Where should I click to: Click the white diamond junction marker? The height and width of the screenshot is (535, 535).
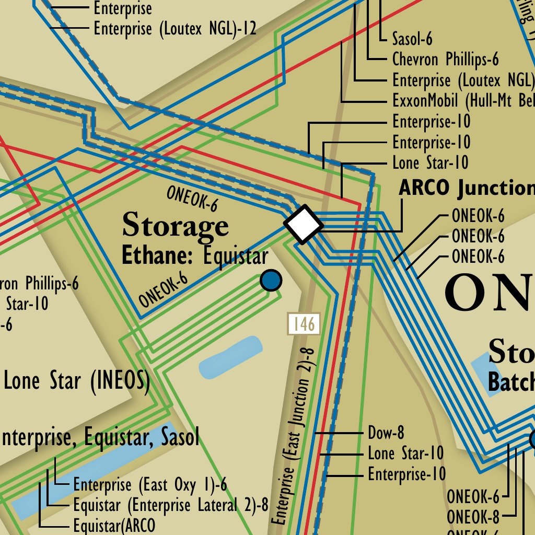coord(304,224)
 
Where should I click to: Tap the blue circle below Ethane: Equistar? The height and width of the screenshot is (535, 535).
coord(271,280)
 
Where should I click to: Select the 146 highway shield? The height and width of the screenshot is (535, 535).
coord(304,324)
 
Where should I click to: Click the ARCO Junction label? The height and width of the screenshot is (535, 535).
coord(466,188)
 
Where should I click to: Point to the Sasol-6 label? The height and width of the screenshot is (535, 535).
coord(412,39)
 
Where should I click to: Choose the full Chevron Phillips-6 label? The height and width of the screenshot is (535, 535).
coord(445,60)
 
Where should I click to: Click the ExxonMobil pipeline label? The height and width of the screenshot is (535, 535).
coord(463,101)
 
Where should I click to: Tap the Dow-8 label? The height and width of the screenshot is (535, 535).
coord(386,433)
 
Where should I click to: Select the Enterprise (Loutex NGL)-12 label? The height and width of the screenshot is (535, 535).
coord(175,29)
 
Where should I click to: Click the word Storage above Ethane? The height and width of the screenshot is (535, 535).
coord(175,226)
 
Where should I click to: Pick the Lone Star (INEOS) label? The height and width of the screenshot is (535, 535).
coord(77,381)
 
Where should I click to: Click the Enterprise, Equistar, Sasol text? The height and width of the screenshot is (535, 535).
coord(99,438)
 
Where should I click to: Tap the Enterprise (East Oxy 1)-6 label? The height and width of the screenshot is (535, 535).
coord(150,485)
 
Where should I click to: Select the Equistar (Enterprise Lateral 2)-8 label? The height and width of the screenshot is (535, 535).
coord(170,505)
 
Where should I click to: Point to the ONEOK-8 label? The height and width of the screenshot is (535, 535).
coord(473,517)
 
